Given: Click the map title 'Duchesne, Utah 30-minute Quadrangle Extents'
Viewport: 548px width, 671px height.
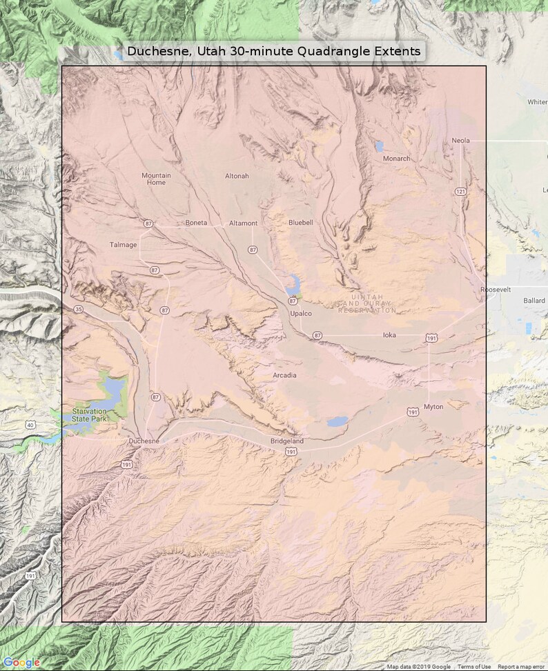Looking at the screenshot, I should pos(273,52).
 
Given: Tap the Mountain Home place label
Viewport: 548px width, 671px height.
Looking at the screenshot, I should pos(156,179).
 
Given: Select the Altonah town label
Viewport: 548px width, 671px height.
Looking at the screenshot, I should pos(237,176).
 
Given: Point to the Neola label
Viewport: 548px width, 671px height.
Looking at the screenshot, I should pos(460,141).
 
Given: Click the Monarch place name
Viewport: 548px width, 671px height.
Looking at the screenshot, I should pos(396,159).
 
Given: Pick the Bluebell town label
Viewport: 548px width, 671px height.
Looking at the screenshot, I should pos(300,222).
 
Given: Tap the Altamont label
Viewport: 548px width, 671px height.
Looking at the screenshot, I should pos(243,223).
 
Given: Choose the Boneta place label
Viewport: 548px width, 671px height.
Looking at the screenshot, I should pos(196,223).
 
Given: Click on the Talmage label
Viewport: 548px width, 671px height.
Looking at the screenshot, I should pos(123,245).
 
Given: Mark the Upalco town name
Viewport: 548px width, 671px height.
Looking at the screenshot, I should pos(301,314).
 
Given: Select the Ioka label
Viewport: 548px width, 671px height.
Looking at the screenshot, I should pos(389,335).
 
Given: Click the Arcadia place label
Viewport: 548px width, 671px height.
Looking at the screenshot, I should pos(284,375).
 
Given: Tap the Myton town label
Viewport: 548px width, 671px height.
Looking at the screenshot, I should pos(433,407).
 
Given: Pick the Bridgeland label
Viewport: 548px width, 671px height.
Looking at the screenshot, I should pos(286,441).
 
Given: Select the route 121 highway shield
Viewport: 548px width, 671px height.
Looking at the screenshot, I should pos(460,191).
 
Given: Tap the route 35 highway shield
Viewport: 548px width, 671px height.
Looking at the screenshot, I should pos(79,310).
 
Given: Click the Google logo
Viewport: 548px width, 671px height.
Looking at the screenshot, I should pos(21,663).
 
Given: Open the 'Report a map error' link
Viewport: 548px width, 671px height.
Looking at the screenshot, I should pos(521,667).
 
